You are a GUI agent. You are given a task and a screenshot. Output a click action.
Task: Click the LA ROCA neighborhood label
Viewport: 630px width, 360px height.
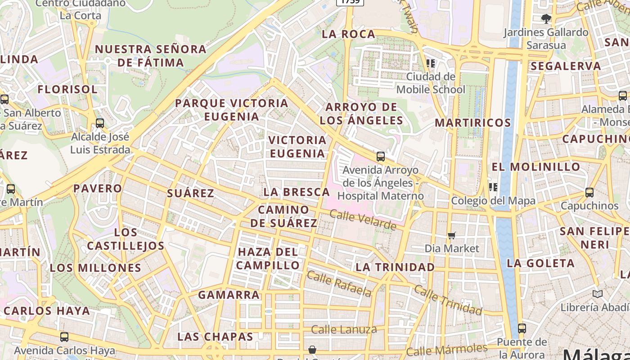[349, 34]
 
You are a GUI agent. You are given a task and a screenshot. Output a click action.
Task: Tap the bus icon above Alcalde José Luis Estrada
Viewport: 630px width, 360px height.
[100, 123]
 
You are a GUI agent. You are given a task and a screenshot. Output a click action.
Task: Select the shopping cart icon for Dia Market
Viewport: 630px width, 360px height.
[452, 235]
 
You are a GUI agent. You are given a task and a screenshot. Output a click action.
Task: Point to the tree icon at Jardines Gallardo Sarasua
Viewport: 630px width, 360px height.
[546, 18]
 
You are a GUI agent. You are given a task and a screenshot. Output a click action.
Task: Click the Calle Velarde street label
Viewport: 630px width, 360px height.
[363, 220]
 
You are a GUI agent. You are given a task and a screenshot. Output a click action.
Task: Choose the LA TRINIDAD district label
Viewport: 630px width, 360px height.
[395, 267]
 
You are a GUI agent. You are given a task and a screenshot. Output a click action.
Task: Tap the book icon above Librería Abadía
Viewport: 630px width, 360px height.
[598, 294]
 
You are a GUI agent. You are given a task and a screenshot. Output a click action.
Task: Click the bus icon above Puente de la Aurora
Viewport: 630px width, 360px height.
[522, 328]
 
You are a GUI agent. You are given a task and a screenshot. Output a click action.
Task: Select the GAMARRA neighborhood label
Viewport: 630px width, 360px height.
[229, 295]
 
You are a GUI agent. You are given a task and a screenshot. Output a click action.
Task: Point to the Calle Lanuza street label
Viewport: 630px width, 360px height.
[344, 329]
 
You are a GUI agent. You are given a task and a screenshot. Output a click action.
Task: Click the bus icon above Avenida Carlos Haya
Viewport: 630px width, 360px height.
[64, 337]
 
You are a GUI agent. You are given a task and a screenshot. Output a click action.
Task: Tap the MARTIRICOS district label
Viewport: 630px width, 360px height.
[473, 123]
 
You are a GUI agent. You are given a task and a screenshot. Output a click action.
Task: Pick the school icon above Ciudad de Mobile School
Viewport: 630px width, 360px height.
[431, 63]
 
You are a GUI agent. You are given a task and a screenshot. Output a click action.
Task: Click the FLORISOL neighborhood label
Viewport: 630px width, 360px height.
[67, 89]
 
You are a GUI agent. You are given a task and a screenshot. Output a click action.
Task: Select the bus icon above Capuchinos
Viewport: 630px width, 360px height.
[589, 192]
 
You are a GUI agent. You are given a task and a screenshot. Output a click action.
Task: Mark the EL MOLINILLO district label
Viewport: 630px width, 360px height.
[536, 167]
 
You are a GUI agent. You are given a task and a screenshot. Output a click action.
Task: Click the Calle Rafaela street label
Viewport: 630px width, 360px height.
[340, 283]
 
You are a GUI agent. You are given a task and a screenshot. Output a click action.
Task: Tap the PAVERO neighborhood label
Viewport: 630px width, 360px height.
[98, 188]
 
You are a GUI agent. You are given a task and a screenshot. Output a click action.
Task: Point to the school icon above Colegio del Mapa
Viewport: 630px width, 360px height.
[493, 187]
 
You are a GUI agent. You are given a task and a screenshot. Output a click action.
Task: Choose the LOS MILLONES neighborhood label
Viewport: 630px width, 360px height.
[95, 268]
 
